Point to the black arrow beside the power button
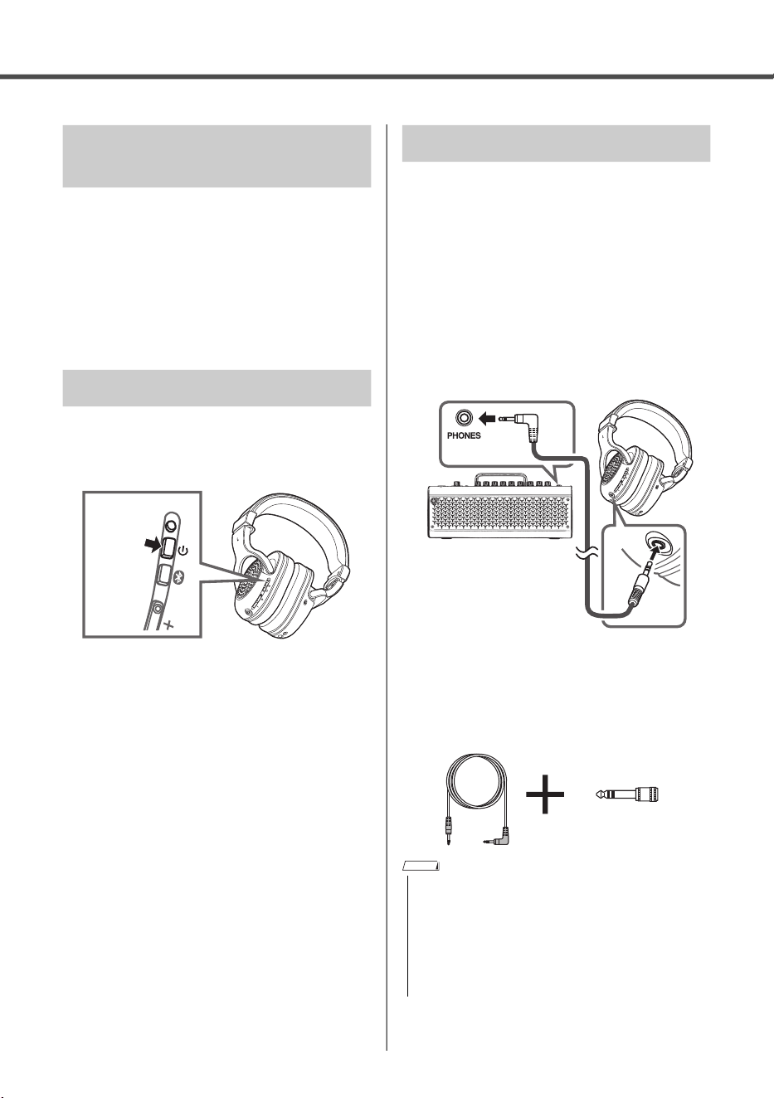[152, 543]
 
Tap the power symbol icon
[183, 551]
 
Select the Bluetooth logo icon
[179, 578]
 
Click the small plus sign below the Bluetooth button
[168, 624]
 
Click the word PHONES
[464, 435]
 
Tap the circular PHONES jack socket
[464, 418]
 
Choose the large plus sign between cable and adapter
[545, 794]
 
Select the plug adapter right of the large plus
[627, 794]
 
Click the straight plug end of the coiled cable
[448, 832]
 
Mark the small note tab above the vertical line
[421, 867]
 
